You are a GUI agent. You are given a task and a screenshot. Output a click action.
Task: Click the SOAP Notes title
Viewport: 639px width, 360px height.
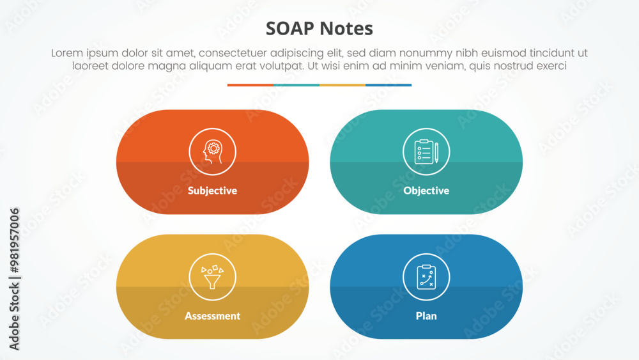pos(319,29)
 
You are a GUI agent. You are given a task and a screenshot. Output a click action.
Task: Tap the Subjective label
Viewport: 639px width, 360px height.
pos(212,191)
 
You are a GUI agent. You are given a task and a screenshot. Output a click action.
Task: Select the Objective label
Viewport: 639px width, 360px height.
pos(426,191)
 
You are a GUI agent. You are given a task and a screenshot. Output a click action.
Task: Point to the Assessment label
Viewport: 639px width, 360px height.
pos(212,316)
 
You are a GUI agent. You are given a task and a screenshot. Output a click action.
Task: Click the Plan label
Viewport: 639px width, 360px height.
pos(426,316)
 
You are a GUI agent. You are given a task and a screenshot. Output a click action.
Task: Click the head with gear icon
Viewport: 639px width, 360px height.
pos(212,152)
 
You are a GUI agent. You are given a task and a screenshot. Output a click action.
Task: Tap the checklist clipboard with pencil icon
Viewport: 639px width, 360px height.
pos(426,152)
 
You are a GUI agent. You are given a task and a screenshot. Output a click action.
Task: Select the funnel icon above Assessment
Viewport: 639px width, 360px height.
pos(212,277)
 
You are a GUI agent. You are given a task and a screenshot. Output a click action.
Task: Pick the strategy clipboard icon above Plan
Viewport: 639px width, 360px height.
pos(426,277)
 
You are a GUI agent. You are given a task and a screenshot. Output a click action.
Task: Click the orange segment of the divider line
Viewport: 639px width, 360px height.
pos(250,85)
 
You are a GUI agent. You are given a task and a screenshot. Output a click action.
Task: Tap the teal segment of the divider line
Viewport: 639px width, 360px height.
pos(296,85)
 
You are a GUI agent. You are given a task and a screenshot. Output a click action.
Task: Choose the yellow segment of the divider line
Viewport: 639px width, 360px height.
pos(343,85)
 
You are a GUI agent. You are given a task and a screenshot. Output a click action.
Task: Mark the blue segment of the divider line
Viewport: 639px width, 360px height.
pos(389,85)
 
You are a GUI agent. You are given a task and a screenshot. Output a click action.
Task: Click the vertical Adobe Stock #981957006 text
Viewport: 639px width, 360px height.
pos(14,279)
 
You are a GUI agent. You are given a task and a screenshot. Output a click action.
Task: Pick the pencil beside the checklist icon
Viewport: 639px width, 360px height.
pos(436,152)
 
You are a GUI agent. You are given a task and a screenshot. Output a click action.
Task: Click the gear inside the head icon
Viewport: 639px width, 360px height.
pos(213,148)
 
